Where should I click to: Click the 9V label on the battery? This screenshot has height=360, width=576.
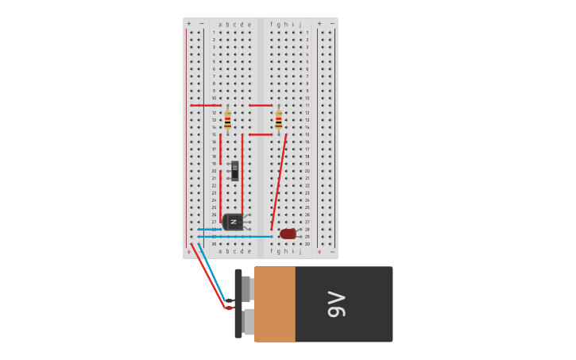337,304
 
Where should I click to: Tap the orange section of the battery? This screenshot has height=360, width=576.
275,304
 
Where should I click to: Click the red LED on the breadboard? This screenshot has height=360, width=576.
288,234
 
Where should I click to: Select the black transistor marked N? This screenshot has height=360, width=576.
234,222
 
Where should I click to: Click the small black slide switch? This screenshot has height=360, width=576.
234,170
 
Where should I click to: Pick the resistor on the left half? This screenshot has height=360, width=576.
227,119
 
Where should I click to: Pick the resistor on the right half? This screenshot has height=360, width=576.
278,119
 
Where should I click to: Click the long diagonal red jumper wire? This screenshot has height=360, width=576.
279,182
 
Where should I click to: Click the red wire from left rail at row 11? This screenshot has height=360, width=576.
205,105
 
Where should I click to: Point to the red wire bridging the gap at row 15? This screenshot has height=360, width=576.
260,134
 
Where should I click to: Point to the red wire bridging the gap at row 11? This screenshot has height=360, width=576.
260,105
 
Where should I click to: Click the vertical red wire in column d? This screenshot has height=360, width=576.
242,173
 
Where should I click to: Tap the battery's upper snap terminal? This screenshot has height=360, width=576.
246,288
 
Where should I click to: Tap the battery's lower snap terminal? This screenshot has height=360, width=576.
249,322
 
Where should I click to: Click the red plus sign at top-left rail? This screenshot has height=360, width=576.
188,24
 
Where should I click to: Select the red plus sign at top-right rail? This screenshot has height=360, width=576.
319,24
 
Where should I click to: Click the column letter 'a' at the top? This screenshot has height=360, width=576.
220,25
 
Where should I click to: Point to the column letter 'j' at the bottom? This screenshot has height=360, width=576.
300,251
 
